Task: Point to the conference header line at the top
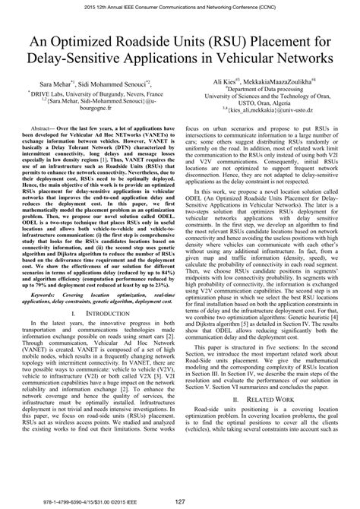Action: [x=179, y=6]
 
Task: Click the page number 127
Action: [x=180, y=501]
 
